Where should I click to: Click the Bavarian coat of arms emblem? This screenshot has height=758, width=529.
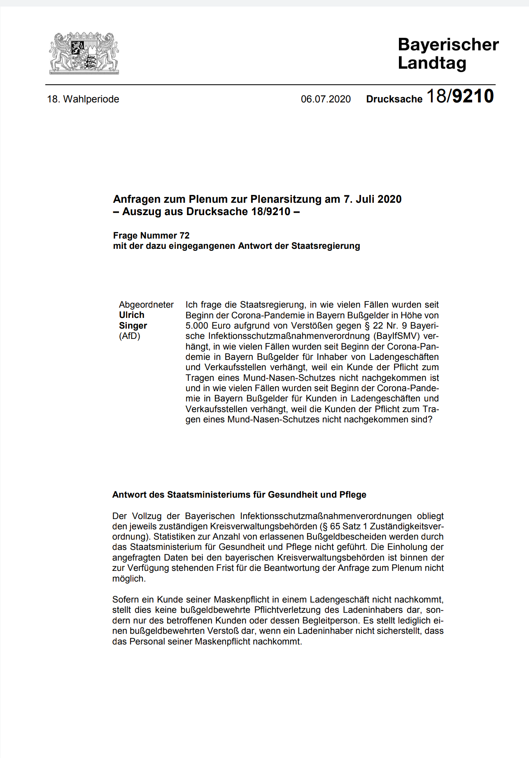84,53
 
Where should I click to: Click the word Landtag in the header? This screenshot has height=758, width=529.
432,63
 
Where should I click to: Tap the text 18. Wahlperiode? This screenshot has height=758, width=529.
83,99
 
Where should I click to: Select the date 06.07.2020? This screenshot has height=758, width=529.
326,99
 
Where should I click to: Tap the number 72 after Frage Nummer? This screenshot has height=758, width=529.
184,236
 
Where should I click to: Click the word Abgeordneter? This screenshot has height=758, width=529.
146,305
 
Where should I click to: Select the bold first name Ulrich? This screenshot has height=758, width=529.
132,315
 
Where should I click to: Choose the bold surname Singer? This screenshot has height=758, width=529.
133,326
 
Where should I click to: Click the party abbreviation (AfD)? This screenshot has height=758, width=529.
130,336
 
